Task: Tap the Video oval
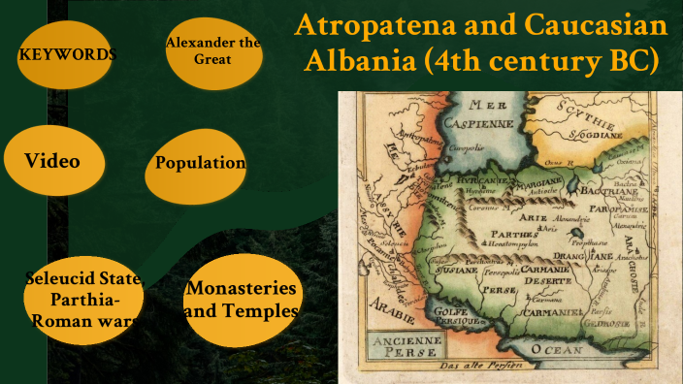coord(52,160)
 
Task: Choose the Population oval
coord(200,163)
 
